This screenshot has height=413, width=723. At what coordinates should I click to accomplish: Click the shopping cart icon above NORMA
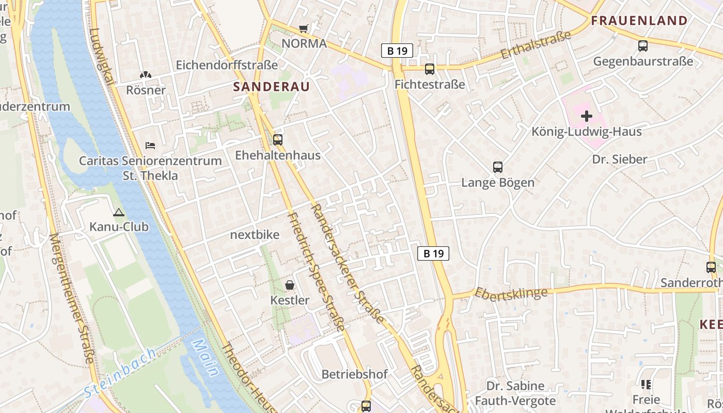303,29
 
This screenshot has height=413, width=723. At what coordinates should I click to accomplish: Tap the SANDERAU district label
271,86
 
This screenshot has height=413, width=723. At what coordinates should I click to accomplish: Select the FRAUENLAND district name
639,21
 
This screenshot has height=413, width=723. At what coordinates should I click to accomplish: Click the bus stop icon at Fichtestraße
430,69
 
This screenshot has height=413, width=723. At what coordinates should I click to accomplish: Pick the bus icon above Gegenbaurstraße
643,46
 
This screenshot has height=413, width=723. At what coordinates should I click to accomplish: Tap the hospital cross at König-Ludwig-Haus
587,116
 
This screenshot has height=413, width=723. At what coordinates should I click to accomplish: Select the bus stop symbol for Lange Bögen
498,167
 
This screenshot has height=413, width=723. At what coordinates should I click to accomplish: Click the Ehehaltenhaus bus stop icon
278,139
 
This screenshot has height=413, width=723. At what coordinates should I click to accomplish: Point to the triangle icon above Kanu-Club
119,212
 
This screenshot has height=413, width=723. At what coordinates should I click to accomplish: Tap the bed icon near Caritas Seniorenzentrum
150,146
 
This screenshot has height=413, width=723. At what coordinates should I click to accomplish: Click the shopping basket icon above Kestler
290,285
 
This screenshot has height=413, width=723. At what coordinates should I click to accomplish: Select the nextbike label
255,235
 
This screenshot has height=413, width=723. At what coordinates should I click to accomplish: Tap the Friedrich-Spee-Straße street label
316,272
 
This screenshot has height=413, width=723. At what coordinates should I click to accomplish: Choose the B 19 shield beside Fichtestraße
397,51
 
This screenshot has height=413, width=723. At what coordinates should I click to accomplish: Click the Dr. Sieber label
619,159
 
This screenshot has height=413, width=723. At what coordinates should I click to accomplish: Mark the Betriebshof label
354,374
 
